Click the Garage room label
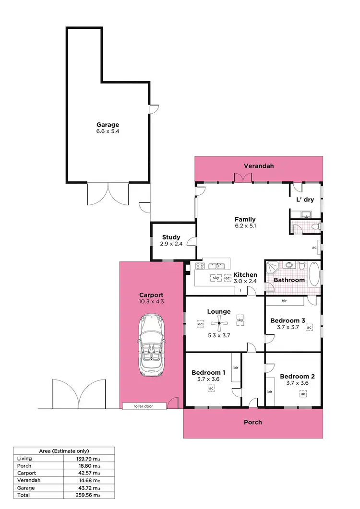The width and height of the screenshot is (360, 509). coord(107,125)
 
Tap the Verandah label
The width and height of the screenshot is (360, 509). coord(259,166)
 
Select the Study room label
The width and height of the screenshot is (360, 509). coord(171,237)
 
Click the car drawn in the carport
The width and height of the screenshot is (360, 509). coord(151,345)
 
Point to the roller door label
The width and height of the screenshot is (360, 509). coord(144,406)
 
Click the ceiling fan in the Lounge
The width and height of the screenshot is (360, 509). coord(219,324)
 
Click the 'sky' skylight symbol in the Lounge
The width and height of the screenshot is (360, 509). coord(240,320)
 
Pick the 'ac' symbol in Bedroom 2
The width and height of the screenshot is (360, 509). coord(303,393)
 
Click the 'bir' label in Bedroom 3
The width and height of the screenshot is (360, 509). coord(284,301)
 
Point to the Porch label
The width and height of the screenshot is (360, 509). coord(253,422)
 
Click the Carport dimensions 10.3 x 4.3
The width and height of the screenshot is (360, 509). coord(151,302)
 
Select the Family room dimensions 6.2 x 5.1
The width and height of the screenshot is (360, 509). coord(245,225)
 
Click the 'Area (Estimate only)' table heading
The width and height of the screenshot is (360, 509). coord(64,451)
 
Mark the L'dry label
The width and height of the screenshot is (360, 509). coord(304,200)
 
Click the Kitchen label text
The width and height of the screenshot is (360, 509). coord(245,275)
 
